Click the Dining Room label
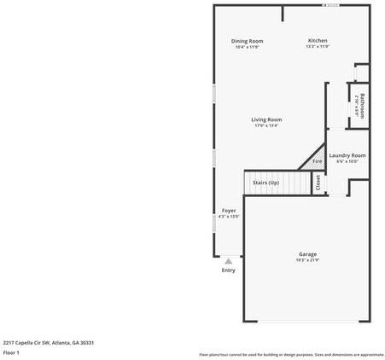tap(247, 41)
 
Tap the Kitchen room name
tap(318, 41)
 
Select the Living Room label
tap(266, 119)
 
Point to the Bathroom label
tap(362, 105)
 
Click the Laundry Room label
tap(347, 155)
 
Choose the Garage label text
tap(308, 254)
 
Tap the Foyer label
tap(229, 210)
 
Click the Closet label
tap(318, 183)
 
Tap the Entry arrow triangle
tap(228, 261)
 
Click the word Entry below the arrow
tap(228, 270)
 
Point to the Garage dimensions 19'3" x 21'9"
tap(308, 260)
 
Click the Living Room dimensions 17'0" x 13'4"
tap(266, 125)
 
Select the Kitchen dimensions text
tap(318, 47)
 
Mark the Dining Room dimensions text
tap(247, 47)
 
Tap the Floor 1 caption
tap(11, 351)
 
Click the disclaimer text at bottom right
tap(291, 354)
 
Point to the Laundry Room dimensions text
tap(347, 161)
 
